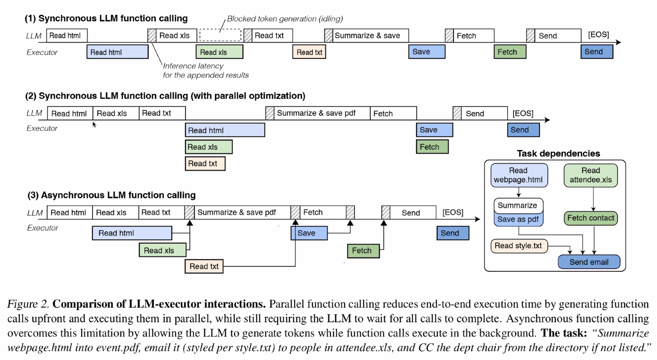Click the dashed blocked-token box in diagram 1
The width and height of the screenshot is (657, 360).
pos(220,35)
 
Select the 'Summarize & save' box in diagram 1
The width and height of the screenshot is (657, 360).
pos(367,36)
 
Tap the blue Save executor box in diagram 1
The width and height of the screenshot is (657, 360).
pos(426,52)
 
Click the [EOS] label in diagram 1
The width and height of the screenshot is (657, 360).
pos(598,35)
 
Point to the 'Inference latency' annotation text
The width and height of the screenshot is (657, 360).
pos(193,66)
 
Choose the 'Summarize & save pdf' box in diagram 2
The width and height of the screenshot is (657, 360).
pos(316,113)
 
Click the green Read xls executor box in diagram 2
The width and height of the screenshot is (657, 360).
pos(208,147)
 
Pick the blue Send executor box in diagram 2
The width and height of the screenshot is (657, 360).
pos(523,130)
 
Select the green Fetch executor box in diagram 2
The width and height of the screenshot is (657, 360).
pos(432,147)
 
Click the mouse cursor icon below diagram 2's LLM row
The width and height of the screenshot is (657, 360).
pos(94,125)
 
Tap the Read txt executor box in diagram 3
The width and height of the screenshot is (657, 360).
pos(204,266)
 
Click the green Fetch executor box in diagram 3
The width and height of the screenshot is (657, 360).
pos(363,251)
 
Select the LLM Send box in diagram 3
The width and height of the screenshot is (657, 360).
pos(411,212)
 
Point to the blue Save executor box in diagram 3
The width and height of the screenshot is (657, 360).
pos(309,233)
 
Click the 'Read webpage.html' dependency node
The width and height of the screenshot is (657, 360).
pos(518,175)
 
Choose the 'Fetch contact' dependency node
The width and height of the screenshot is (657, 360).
pos(590,218)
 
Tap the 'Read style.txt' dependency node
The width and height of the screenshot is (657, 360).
pos(518,246)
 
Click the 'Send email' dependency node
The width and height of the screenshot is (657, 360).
pos(589,262)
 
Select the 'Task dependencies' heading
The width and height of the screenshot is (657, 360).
pos(558,153)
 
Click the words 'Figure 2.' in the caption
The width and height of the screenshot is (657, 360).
pos(28,304)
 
